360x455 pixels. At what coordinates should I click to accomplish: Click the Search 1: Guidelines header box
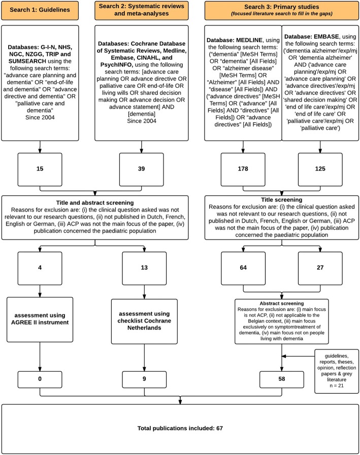[x=40, y=11]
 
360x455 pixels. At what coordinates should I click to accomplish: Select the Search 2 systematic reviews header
[x=142, y=11]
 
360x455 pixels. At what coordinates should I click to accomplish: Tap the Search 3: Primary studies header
[x=281, y=11]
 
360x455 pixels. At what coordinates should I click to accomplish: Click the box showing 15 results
[x=40, y=169]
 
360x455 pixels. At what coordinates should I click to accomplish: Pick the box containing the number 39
[x=142, y=169]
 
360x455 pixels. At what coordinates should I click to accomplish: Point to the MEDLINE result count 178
[x=243, y=169]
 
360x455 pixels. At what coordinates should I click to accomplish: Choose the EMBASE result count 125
[x=320, y=169]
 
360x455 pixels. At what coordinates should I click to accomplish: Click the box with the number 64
[x=243, y=268]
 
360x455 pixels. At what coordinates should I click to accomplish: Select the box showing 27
[x=320, y=268]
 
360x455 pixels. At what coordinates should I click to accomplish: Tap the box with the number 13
[x=144, y=268]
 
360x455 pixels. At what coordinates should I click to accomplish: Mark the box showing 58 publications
[x=281, y=379]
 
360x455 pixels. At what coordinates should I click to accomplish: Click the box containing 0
[x=40, y=379]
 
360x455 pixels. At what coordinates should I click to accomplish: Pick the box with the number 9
[x=144, y=379]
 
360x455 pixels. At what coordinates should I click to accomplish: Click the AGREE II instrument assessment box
[x=40, y=320]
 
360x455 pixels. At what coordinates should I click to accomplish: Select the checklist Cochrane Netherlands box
[x=144, y=322]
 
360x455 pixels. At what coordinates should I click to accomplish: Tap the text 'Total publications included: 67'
[x=180, y=428]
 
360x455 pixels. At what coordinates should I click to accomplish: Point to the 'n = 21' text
[x=337, y=386]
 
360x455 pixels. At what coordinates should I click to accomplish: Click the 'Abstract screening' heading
[x=281, y=303]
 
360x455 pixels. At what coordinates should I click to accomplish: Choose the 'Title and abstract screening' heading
[x=95, y=203]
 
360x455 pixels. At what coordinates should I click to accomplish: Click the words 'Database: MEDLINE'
[x=235, y=40]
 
